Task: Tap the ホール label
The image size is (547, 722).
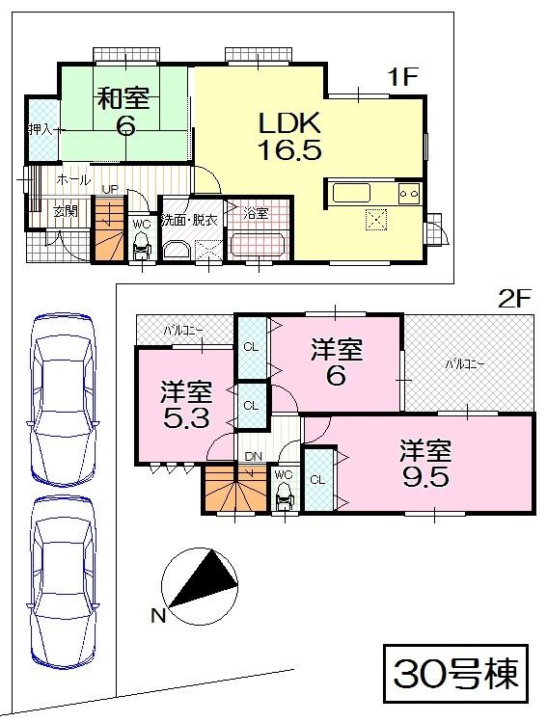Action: [73, 180]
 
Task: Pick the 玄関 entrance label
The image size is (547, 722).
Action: [65, 211]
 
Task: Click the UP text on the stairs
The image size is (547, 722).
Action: [110, 190]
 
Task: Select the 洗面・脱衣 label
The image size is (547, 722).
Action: [190, 219]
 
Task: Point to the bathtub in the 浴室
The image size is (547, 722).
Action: [258, 245]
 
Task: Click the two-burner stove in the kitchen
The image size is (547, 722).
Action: [409, 193]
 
